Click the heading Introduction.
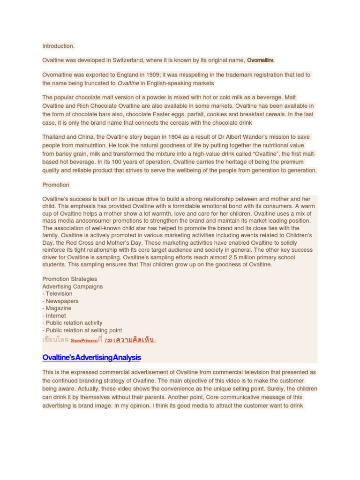[58, 46]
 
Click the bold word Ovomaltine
[261, 60]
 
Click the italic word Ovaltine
[128, 83]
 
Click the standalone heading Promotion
[56, 185]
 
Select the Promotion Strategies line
[70, 279]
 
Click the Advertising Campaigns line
[73, 286]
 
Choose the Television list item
[59, 293]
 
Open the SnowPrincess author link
[84, 341]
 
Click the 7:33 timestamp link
[108, 341]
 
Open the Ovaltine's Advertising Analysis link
[91, 357]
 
